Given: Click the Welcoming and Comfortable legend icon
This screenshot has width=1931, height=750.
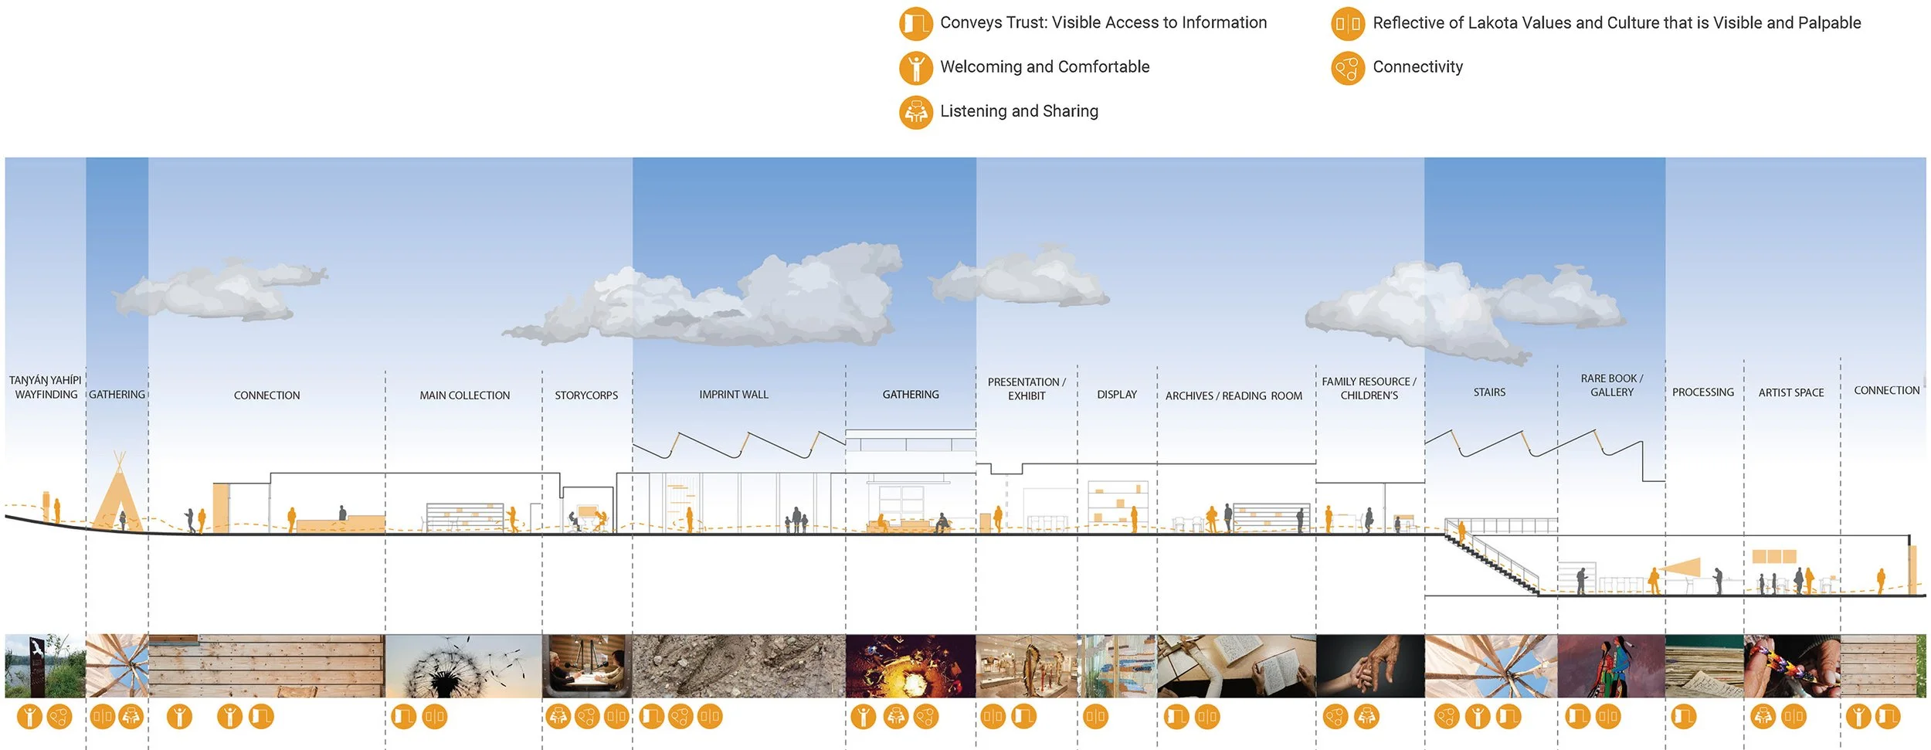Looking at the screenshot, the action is (915, 67).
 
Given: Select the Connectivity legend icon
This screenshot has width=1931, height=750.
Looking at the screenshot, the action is (1348, 68).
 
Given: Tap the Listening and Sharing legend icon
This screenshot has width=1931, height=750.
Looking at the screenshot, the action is (915, 112).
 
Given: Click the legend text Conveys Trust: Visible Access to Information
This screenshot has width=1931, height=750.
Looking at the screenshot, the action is (1103, 22).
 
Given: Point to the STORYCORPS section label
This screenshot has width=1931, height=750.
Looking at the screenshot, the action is (586, 395).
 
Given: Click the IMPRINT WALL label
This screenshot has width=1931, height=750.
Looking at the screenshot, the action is (734, 395).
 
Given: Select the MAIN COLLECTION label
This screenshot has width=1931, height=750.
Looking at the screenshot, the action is (464, 395).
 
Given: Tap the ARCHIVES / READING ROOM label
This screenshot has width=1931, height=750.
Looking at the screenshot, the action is (1234, 396).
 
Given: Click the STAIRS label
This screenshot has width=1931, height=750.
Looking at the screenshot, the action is (1489, 392).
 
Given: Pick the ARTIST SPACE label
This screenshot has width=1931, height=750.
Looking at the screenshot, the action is (1790, 392).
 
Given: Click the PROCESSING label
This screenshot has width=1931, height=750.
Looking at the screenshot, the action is (1702, 392).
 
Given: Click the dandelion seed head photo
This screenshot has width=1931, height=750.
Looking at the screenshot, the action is (463, 666).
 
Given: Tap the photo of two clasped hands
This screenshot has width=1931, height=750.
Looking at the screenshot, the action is (1369, 666).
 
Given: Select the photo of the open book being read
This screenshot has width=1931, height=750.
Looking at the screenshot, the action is (1236, 666).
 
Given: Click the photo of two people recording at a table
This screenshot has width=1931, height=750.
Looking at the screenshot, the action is (587, 666).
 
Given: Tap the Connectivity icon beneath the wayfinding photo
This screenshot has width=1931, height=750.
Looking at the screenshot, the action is (59, 717).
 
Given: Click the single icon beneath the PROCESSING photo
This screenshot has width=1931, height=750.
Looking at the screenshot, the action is (1684, 717).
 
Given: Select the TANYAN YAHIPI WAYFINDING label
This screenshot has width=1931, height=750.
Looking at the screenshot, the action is (46, 387).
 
